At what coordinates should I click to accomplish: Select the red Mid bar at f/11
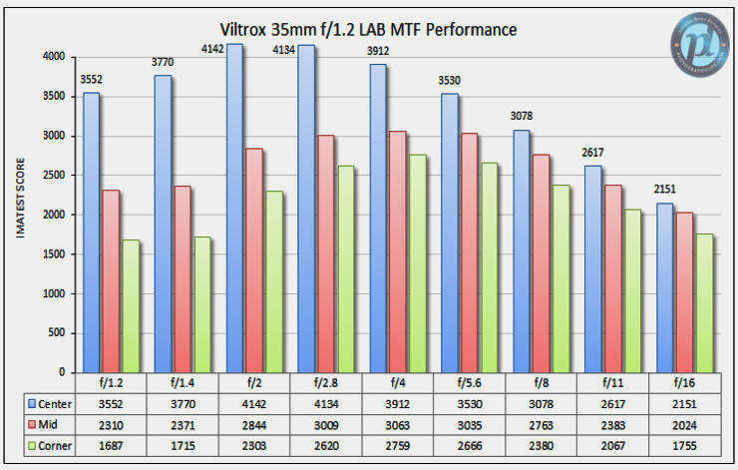pyautogui.click(x=611, y=278)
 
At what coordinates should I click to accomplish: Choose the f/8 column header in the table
pyautogui.click(x=541, y=382)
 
